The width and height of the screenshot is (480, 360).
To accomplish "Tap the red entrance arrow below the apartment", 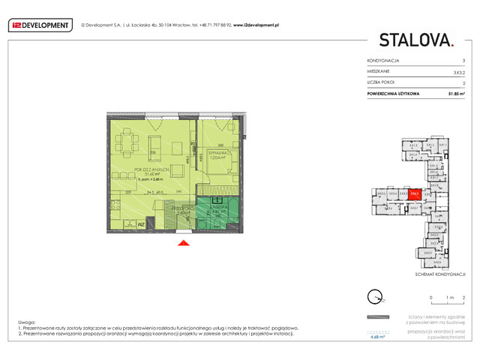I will click(x=182, y=241).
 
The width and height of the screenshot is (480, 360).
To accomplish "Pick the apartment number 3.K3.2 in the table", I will click(x=457, y=71).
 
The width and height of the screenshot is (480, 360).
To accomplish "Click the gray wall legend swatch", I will click(x=378, y=318).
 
